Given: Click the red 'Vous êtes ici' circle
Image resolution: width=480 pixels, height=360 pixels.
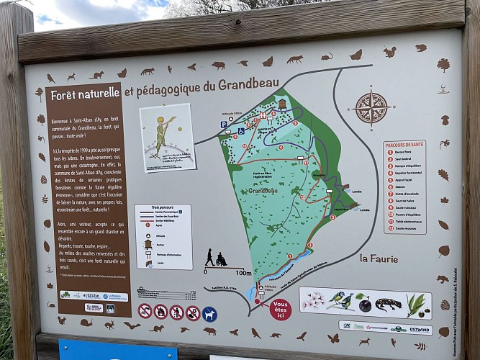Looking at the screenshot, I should pyautogui.click(x=280, y=310).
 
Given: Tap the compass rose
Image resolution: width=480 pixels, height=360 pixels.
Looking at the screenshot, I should pyautogui.click(x=371, y=108).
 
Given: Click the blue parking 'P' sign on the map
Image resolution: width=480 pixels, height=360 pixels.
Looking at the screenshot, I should pyautogui.click(x=224, y=125).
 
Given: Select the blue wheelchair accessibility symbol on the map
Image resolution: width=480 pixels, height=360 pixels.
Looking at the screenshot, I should pyautogui.click(x=241, y=130).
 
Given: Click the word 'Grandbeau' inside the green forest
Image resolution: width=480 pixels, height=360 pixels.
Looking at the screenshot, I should pyautogui.click(x=263, y=191).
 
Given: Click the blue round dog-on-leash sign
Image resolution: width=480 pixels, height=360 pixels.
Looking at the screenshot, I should pyautogui.click(x=209, y=314).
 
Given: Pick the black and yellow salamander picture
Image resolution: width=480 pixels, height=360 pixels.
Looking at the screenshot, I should pyautogui.click(x=388, y=305).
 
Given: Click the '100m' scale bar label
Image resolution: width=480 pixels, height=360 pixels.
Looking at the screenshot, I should pyautogui.click(x=243, y=273).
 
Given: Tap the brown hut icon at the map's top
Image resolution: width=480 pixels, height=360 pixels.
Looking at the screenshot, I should pyautogui.click(x=281, y=104).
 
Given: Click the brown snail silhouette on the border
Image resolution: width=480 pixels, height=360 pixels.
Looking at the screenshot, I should pyautogui.click(x=86, y=323).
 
